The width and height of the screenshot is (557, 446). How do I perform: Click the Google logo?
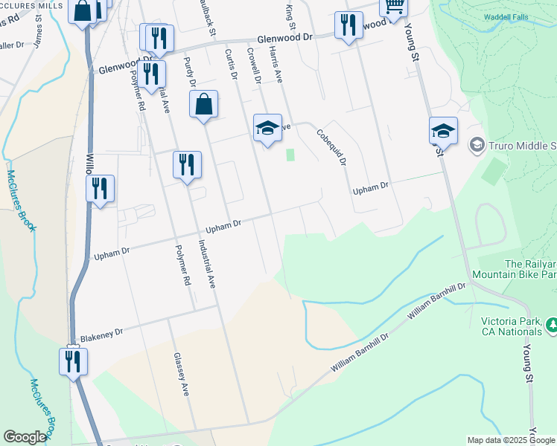(25, 437)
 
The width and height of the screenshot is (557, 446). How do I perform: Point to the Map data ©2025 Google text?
(512, 440)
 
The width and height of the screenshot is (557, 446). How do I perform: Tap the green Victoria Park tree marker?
(553, 325)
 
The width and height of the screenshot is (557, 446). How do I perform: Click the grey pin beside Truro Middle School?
(477, 144)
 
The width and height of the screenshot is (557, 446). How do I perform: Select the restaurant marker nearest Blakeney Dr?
(72, 362)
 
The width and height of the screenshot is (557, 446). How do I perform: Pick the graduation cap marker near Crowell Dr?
(267, 129)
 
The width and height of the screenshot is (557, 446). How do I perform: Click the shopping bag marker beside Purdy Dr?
(203, 106)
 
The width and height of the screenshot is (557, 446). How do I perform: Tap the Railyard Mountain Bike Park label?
(530, 269)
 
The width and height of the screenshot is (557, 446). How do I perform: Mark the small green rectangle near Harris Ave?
(290, 155)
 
